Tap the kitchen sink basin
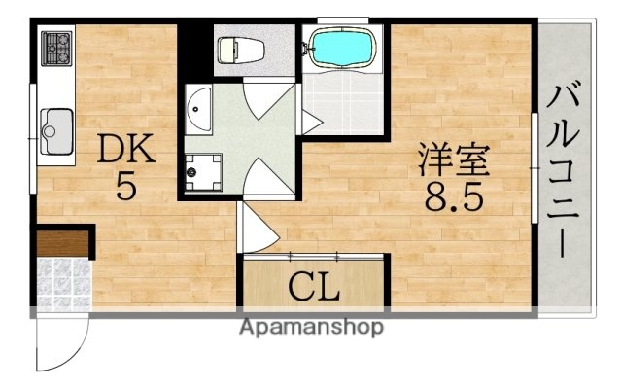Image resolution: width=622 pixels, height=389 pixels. (56, 126)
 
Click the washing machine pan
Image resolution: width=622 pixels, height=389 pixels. (204, 170)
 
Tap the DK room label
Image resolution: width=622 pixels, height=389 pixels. (124, 149)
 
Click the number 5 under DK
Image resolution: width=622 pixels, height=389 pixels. (124, 186)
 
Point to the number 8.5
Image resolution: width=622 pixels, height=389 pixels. (453, 199)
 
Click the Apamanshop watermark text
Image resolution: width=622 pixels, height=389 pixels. (311, 327)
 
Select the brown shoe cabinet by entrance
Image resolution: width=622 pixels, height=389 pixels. (63, 241)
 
